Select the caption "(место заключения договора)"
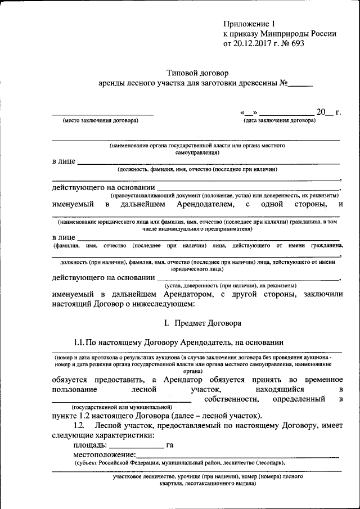(100, 121)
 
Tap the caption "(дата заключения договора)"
(279, 121)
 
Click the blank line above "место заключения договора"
(102, 115)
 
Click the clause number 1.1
(79, 342)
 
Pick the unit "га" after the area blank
(170, 445)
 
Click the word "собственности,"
(232, 399)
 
